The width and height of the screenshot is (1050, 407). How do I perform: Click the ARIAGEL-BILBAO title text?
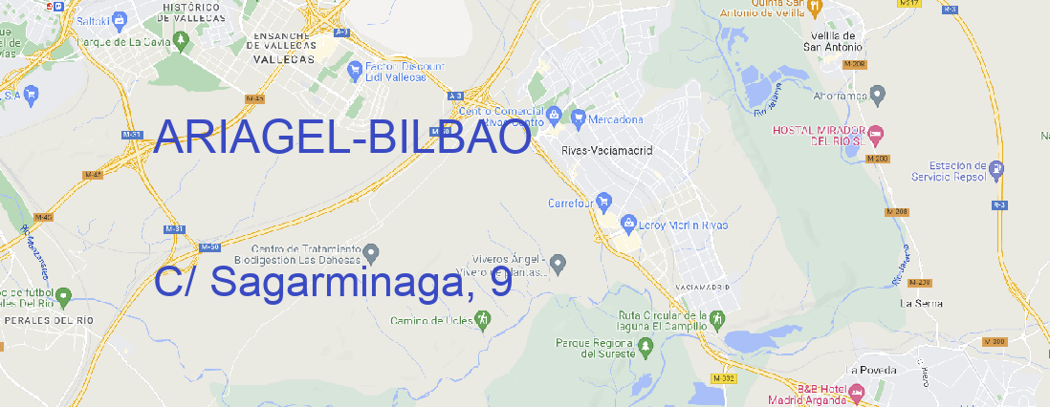tap(341, 139)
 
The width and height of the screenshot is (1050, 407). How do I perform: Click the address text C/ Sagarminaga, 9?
tap(332, 283)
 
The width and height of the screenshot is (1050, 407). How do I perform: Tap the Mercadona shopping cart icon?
tap(578, 118)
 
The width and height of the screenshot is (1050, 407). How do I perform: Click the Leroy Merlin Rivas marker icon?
tap(628, 225)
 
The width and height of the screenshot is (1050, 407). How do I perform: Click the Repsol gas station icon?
tap(997, 169)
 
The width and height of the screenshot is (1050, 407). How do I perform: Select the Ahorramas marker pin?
tap(879, 94)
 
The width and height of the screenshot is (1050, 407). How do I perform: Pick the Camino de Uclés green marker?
tap(482, 321)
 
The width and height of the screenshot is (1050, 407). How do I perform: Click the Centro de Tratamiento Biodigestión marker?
tap(371, 252)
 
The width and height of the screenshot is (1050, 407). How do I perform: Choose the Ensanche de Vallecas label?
tap(283, 41)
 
